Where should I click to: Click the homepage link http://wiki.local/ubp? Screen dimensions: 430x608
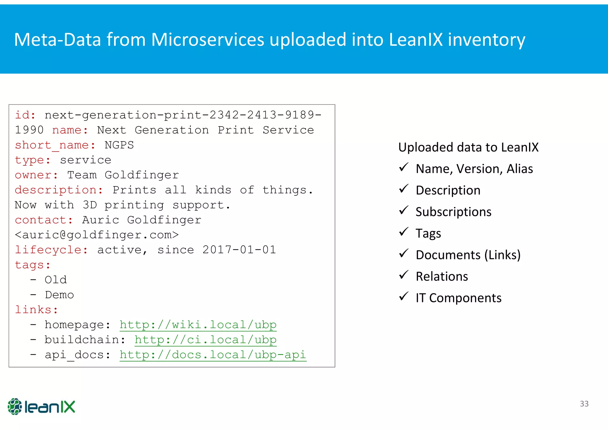click(x=198, y=325)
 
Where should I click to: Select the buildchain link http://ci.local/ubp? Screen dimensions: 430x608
click(x=205, y=339)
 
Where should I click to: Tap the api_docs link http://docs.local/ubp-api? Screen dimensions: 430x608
click(x=213, y=355)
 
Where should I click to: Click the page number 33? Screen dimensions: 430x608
click(x=584, y=404)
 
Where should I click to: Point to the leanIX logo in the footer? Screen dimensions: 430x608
click(x=41, y=407)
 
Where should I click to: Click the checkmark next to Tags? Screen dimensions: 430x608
click(x=404, y=232)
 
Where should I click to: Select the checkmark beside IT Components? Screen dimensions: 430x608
click(x=404, y=296)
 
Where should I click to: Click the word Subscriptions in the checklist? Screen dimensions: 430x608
click(x=453, y=212)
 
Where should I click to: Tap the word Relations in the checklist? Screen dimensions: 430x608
click(x=442, y=276)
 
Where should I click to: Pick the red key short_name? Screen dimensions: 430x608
click(x=55, y=145)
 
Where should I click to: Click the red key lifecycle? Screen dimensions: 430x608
click(x=51, y=250)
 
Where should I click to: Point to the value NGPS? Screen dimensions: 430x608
click(x=119, y=145)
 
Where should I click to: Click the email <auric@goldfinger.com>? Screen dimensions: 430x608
click(x=97, y=235)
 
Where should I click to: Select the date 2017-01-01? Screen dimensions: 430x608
click(x=239, y=250)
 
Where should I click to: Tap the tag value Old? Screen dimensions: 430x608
click(x=56, y=280)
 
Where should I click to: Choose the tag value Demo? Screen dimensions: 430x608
click(x=59, y=295)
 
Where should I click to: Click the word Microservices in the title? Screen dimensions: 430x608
click(x=208, y=39)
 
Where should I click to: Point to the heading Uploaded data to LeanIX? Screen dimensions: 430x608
click(x=468, y=147)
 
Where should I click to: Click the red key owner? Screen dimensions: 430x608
click(x=37, y=175)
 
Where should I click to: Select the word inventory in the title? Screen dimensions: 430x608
click(x=486, y=39)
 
